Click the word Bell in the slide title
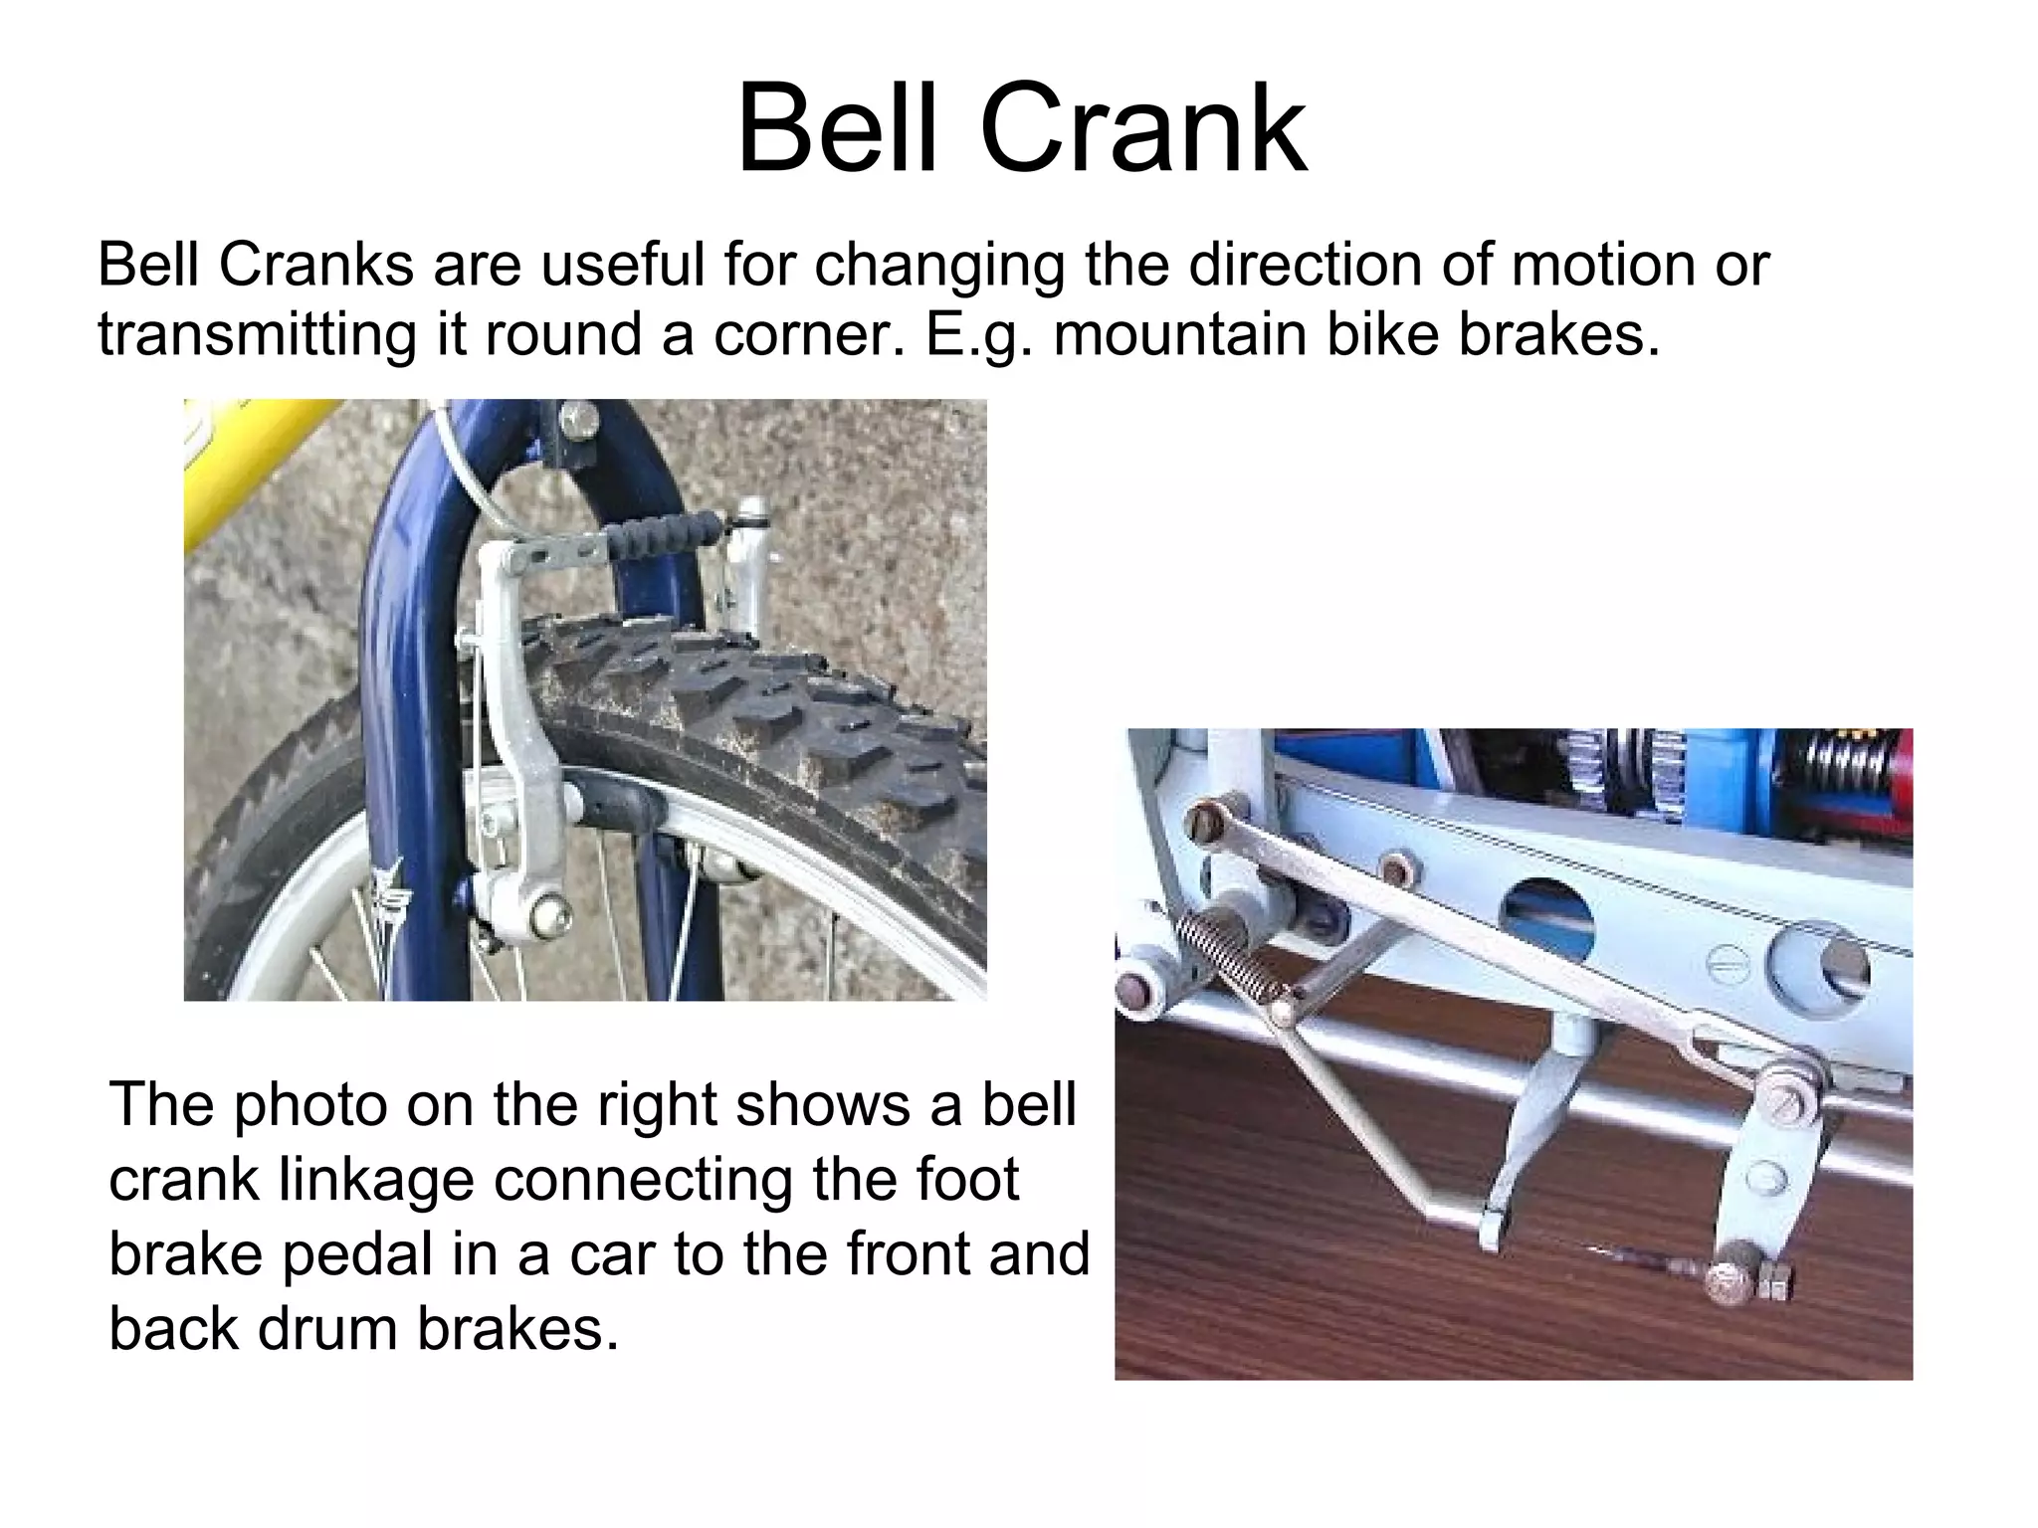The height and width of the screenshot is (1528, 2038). click(x=837, y=129)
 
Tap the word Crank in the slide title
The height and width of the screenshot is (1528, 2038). click(x=1143, y=129)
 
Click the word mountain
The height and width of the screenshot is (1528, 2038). click(x=1180, y=334)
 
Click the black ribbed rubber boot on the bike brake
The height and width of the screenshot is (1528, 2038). click(x=663, y=536)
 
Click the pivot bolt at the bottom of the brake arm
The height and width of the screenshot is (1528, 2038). click(x=546, y=913)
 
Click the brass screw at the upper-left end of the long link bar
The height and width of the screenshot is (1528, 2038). click(x=1205, y=824)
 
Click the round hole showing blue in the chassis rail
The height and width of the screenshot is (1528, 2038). click(x=1548, y=909)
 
